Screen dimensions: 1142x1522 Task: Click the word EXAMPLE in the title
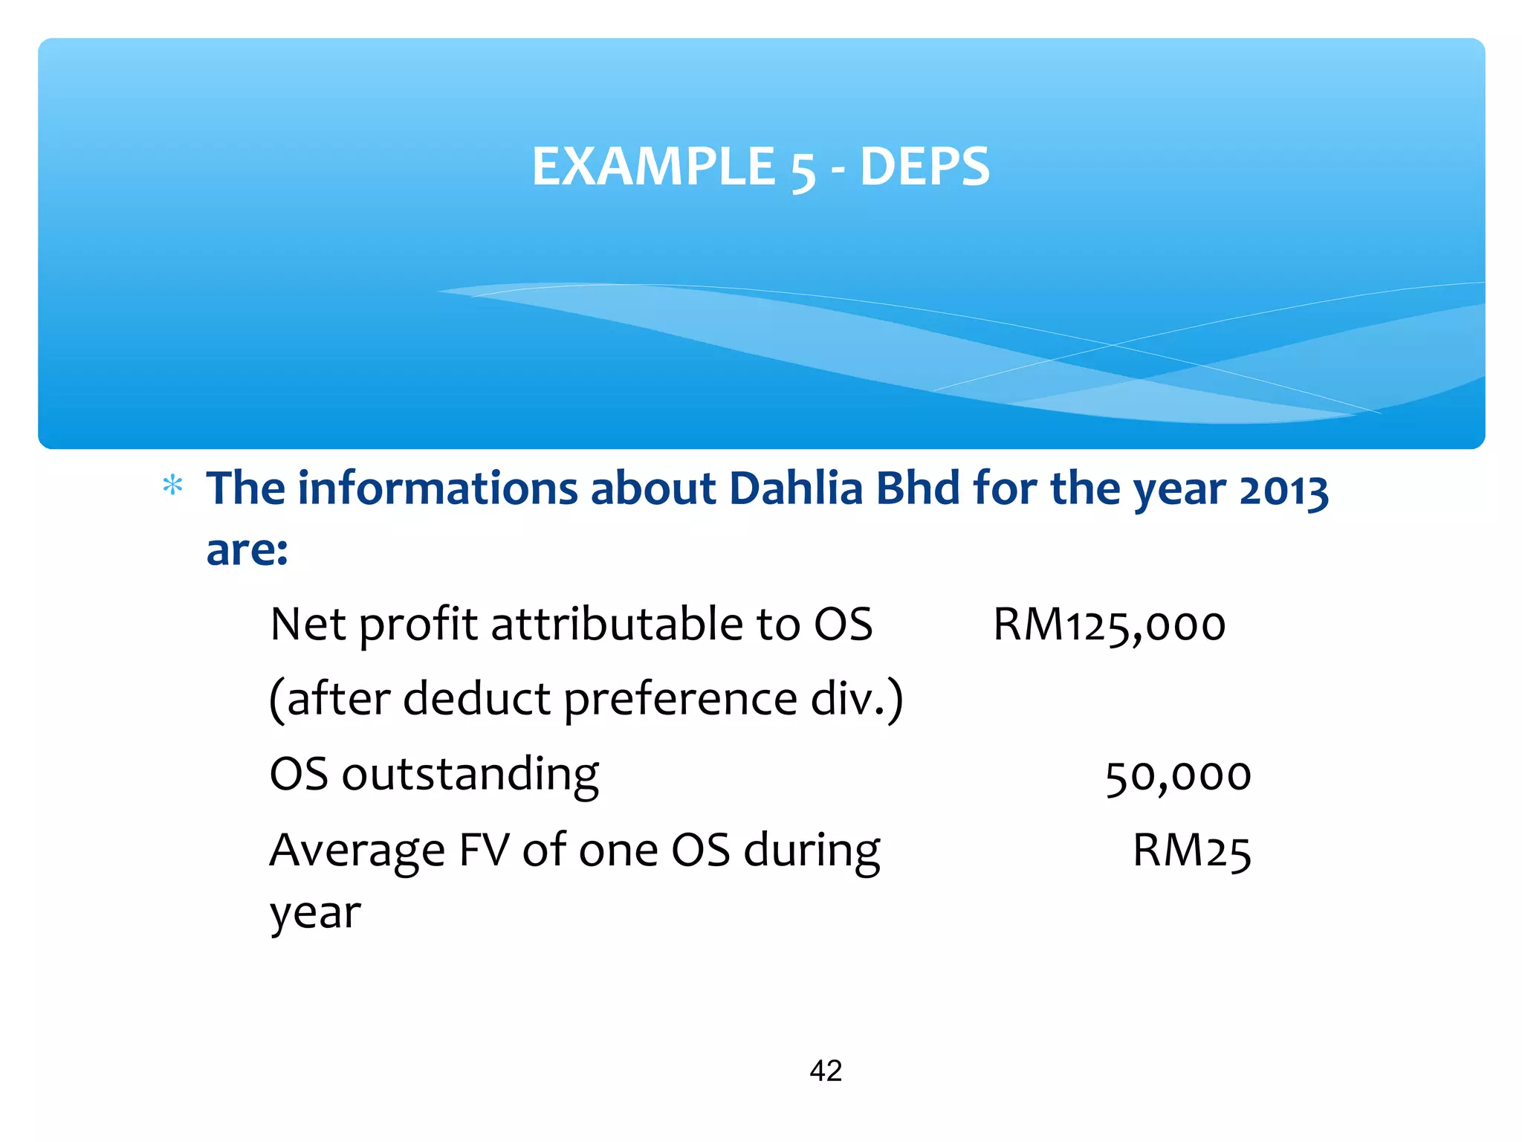(x=654, y=167)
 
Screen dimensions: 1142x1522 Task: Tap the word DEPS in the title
(x=924, y=167)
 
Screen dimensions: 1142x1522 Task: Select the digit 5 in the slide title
(x=803, y=170)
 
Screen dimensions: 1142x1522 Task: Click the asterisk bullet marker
(x=172, y=487)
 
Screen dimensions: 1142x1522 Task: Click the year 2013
(x=1283, y=491)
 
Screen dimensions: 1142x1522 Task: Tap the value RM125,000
(x=1109, y=625)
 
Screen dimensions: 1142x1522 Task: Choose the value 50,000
(x=1178, y=776)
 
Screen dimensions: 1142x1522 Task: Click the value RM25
(x=1191, y=851)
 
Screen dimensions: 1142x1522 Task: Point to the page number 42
(x=826, y=1071)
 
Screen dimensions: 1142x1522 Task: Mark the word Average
(x=357, y=852)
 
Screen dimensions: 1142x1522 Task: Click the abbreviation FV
(x=485, y=851)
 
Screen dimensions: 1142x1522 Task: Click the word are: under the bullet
(x=247, y=550)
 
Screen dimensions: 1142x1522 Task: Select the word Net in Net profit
(x=308, y=625)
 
